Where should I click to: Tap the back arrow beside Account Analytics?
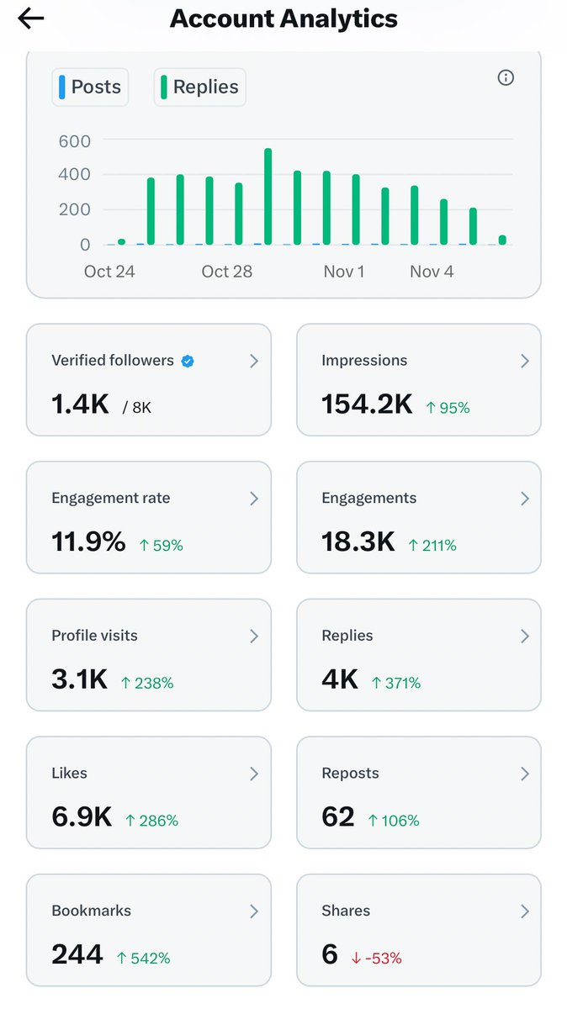pyautogui.click(x=31, y=18)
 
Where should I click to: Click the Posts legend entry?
pyautogui.click(x=90, y=87)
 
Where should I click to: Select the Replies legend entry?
pyautogui.click(x=199, y=87)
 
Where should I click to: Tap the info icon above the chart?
pyautogui.click(x=506, y=78)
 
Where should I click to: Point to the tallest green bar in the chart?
pyautogui.click(x=268, y=197)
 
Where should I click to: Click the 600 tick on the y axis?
pyautogui.click(x=74, y=140)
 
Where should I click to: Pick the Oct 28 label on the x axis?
pyautogui.click(x=227, y=272)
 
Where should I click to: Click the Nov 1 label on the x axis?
pyautogui.click(x=344, y=272)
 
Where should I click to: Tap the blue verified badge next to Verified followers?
pyautogui.click(x=188, y=361)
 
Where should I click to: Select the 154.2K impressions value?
pyautogui.click(x=367, y=404)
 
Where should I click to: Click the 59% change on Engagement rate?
pyautogui.click(x=161, y=545)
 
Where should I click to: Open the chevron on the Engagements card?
pyautogui.click(x=524, y=499)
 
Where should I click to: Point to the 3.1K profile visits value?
pyautogui.click(x=80, y=679)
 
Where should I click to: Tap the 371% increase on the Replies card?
pyautogui.click(x=396, y=683)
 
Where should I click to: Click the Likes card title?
pyautogui.click(x=70, y=773)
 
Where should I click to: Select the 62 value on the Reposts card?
pyautogui.click(x=338, y=816)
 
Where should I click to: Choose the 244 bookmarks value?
pyautogui.click(x=77, y=954)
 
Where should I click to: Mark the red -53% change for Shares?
pyautogui.click(x=376, y=958)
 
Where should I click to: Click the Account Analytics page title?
pyautogui.click(x=283, y=18)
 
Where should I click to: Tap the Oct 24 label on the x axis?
pyautogui.click(x=109, y=272)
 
